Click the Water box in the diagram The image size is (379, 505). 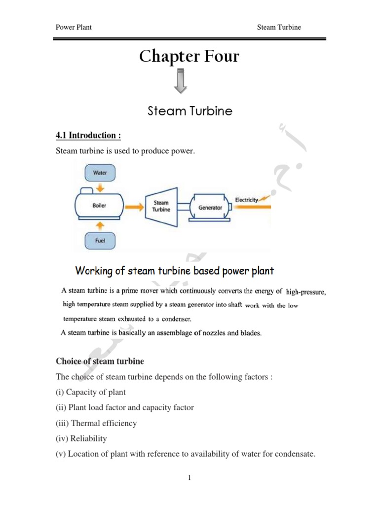100,173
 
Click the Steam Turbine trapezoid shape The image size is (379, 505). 161,206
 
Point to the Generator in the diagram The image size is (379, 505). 210,207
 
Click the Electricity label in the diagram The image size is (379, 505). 247,200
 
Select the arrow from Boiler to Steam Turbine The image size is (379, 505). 133,207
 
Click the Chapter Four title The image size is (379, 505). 189,57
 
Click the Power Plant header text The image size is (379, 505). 74,27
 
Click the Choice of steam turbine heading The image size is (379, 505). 100,361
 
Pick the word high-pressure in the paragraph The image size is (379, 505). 306,291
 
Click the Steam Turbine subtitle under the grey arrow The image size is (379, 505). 190,111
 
